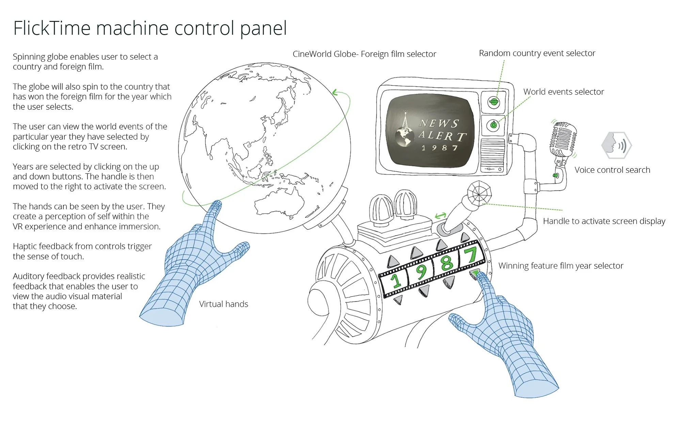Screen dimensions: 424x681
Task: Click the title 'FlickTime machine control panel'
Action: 150,28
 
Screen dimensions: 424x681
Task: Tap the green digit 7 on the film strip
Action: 472,255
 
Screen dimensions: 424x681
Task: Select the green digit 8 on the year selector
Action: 447,263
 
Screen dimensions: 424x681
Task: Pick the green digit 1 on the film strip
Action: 396,281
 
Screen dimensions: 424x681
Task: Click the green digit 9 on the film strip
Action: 422,272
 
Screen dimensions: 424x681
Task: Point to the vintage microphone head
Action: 563,140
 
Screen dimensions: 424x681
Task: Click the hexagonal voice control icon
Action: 617,145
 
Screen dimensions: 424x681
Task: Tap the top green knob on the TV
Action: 493,101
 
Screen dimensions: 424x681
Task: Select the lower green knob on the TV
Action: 493,125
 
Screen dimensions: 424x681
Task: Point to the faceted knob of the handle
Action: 479,194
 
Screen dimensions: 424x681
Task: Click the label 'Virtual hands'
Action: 223,304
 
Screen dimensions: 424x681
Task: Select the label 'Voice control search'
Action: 612,170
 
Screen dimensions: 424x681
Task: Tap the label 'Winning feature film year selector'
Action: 561,266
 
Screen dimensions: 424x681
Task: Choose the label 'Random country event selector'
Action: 537,53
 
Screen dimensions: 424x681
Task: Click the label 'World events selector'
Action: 564,92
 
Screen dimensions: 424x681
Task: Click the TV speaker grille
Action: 492,152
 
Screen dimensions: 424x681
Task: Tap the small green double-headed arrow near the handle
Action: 441,215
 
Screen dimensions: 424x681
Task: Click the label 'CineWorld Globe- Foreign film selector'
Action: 364,54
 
